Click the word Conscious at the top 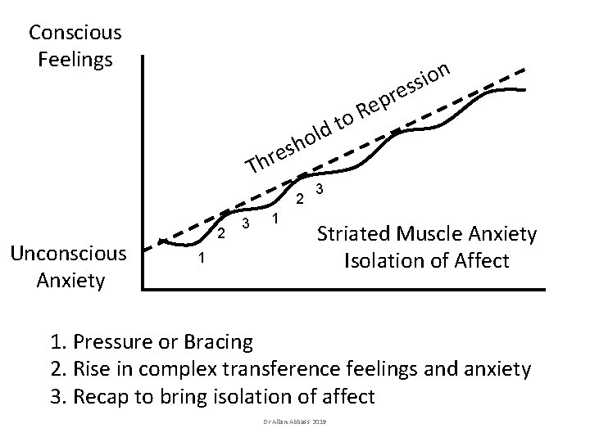coord(75,33)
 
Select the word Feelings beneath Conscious coord(75,60)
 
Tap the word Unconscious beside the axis coord(69,254)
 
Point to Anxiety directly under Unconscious coord(70,281)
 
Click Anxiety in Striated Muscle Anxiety coord(502,235)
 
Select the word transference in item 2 coord(281,368)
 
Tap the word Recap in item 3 coord(101,397)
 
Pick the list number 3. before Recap coord(59,396)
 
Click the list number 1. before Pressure coord(59,342)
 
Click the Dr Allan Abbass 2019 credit coord(295,422)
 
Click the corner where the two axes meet coord(143,290)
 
